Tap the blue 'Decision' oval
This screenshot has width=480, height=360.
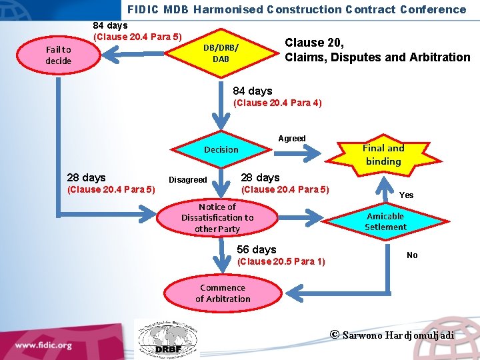coord(221,149)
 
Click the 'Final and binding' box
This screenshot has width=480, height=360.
coord(383,155)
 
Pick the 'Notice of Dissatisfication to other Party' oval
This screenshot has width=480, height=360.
coord(217,218)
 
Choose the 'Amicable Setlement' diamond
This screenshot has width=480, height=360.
coord(385,221)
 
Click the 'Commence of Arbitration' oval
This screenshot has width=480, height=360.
coord(223,293)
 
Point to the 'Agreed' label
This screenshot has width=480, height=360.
coord(292,139)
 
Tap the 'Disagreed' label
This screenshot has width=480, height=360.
coord(187,179)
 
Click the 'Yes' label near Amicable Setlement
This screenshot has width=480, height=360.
coord(406,195)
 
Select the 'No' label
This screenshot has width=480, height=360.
coord(412,255)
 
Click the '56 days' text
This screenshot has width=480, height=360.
coord(257,249)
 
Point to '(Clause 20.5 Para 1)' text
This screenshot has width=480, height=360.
coord(281,261)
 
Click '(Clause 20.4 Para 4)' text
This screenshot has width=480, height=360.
coord(277,103)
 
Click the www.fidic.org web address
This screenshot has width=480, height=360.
coord(44,345)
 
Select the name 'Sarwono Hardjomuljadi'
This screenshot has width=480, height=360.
coord(398,335)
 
